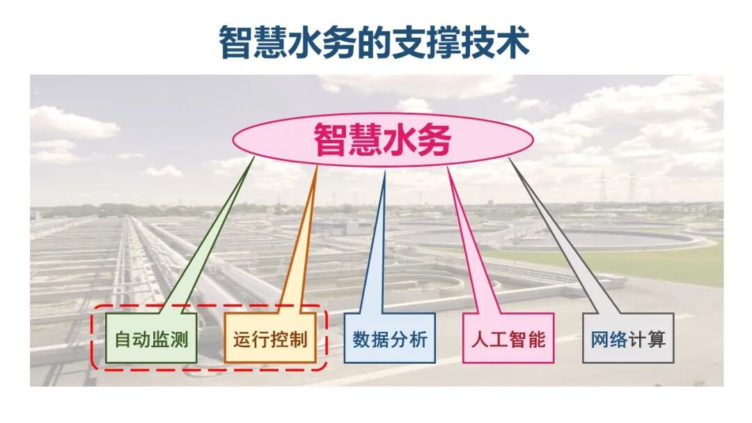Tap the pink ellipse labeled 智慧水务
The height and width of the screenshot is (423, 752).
[x=382, y=140]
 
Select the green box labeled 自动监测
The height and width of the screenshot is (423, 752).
[x=151, y=338]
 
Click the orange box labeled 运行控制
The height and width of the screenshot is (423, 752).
[x=270, y=338]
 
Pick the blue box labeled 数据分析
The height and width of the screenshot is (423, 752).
[x=389, y=338]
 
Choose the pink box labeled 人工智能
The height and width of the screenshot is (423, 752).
[x=508, y=338]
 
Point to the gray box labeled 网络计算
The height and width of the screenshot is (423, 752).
[x=628, y=338]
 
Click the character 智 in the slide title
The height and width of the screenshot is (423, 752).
[x=235, y=42]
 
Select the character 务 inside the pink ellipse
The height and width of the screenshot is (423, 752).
[x=434, y=140]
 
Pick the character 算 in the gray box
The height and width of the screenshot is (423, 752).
[x=656, y=339]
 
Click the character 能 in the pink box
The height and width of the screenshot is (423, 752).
[x=536, y=339]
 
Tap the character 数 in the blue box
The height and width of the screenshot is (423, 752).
[x=361, y=339]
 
